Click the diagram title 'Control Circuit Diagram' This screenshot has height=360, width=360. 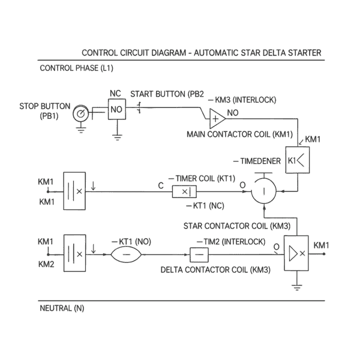pyautogui.click(x=201, y=53)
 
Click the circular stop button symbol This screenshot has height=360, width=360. pyautogui.click(x=80, y=113)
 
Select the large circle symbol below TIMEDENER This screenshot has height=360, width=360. pyautogui.click(x=263, y=193)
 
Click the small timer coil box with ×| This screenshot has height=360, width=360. pyautogui.click(x=185, y=192)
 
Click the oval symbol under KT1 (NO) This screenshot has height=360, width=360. pyautogui.click(x=126, y=254)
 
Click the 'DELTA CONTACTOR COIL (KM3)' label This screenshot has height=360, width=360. pyautogui.click(x=215, y=270)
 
